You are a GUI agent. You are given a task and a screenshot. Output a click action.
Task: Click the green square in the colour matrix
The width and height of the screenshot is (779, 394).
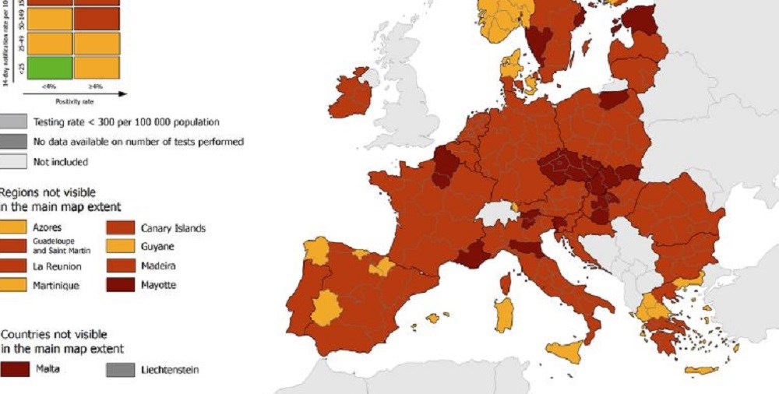[49, 67]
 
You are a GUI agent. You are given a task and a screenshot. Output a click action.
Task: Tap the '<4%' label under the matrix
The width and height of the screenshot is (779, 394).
[49, 86]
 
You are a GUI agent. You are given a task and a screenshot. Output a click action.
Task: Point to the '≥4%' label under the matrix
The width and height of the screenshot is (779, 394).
[97, 86]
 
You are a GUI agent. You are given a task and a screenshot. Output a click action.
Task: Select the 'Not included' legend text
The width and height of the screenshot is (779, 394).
[60, 162]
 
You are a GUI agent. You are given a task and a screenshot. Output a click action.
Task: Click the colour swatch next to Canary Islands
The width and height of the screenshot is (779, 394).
[121, 228]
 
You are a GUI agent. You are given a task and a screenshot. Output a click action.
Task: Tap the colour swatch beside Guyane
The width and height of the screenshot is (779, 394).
[121, 247]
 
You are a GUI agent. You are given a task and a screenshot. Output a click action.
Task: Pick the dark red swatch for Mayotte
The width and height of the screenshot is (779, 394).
[121, 285]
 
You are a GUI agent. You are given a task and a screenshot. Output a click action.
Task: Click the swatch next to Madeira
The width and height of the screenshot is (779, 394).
[121, 266]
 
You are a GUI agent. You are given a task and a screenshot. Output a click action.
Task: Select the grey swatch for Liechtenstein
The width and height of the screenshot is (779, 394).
[121, 370]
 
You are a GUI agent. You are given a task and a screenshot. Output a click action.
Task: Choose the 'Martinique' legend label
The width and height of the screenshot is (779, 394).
[55, 285]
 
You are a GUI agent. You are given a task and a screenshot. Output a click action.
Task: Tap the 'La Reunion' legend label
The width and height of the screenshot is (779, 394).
[56, 266]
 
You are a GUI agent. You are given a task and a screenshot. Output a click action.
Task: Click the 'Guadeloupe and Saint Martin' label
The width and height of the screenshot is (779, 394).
[62, 247]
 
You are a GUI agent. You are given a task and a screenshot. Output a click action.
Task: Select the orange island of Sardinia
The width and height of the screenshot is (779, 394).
[504, 314]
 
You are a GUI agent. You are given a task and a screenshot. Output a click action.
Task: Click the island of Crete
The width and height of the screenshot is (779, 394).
[700, 370]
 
